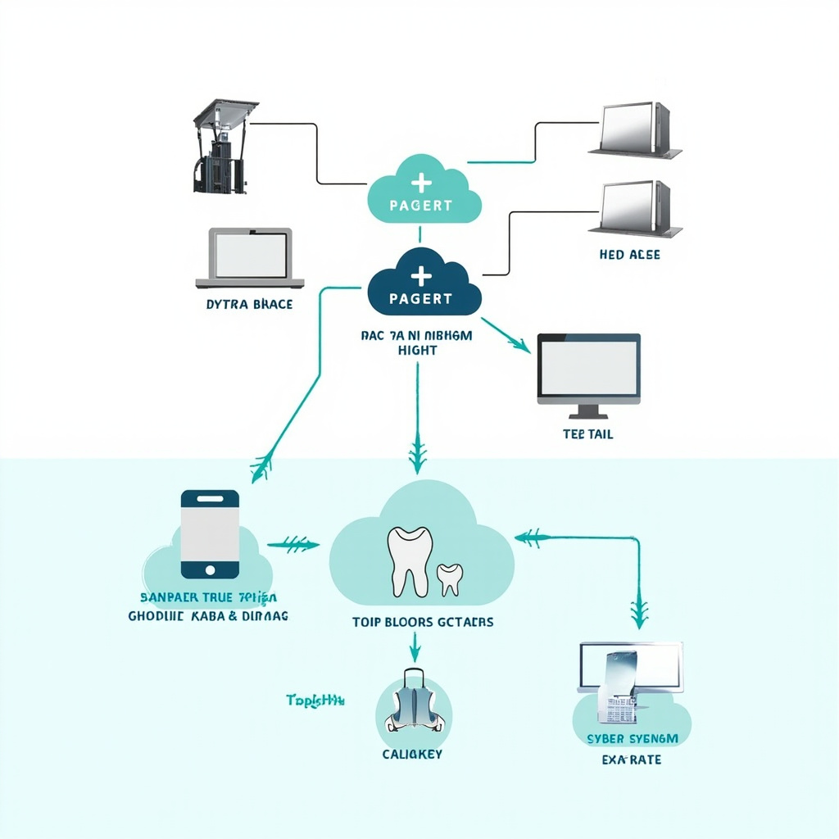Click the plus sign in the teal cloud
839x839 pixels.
pos(420,182)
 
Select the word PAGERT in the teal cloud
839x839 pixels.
pos(420,205)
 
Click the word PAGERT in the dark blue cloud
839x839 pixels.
pos(420,298)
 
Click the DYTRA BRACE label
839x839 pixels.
pos(250,304)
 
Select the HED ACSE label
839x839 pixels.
pos(629,255)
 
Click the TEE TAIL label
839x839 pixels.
pos(587,434)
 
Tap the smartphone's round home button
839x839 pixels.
pos(210,569)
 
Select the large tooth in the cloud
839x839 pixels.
pos(409,560)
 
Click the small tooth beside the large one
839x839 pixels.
pos(449,578)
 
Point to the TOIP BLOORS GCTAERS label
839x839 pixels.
pos(423,622)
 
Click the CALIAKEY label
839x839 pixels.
pos(412,754)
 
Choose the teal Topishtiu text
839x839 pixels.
pos(315,701)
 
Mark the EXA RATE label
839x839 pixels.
pos(631,760)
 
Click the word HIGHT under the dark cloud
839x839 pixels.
pos(417,350)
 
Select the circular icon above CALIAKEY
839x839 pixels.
pos(414,705)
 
